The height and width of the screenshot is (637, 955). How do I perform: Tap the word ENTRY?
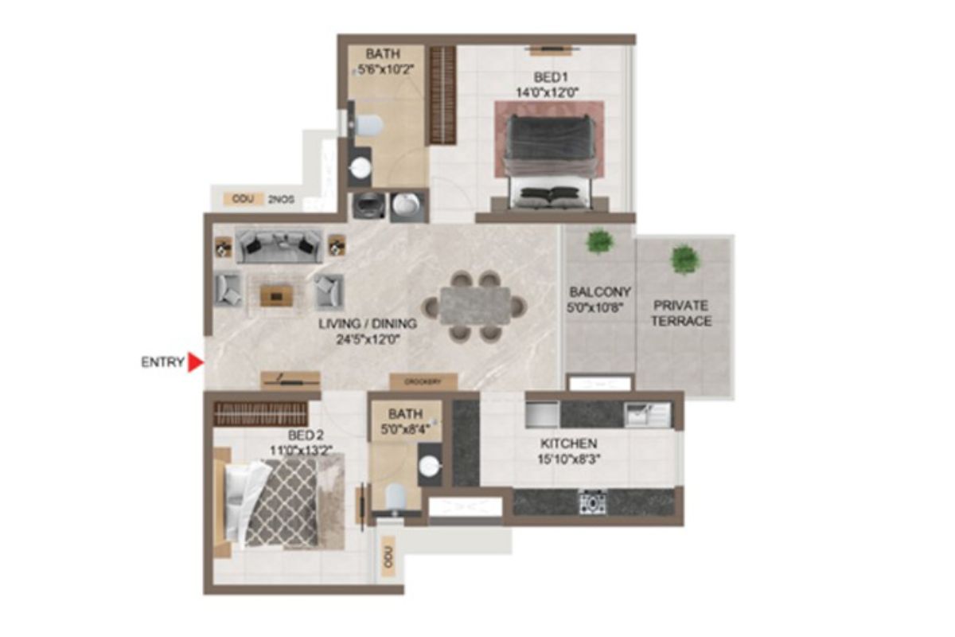coord(162,362)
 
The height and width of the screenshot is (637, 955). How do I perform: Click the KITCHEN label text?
coord(568,443)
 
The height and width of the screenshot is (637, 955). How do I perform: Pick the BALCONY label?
coord(599,291)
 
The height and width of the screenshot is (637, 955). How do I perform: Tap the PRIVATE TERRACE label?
coord(682,313)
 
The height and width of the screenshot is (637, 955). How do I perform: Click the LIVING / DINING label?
coord(368,324)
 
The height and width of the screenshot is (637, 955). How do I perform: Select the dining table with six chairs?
coord(475,307)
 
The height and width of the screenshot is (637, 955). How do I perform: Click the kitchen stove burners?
coord(592,502)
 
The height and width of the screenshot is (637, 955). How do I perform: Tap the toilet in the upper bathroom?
coord(368,124)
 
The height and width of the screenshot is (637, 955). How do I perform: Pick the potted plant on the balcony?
coord(598,241)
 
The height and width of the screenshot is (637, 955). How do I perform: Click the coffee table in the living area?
coord(276,296)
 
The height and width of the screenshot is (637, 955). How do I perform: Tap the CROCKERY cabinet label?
coord(423,382)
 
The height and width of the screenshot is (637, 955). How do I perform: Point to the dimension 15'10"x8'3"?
coord(568,458)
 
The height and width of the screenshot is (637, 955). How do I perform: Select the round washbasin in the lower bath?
coord(430,467)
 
